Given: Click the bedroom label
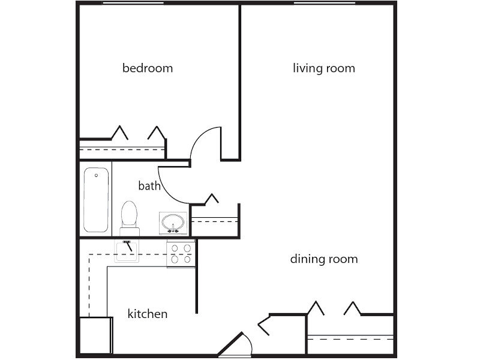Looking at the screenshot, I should [148, 68].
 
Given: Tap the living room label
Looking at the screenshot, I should [323, 68].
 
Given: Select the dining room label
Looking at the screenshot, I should [323, 259].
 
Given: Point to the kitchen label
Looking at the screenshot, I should [148, 314].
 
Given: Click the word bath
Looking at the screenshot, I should [149, 186].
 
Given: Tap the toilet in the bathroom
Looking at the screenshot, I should [129, 216].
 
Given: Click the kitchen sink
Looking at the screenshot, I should [127, 250].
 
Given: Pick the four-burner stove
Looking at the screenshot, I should [181, 253].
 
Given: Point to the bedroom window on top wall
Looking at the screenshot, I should [133, 4].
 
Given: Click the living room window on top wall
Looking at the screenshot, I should [324, 4].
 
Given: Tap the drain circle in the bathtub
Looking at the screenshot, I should [97, 176].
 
